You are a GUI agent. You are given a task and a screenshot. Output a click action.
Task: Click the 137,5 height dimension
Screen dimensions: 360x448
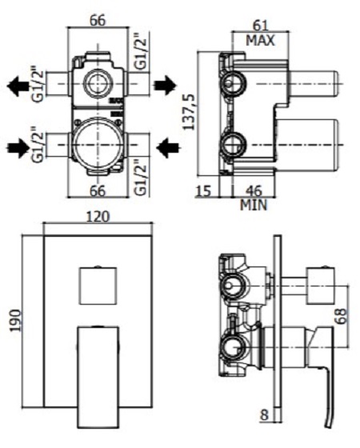[x=189, y=112]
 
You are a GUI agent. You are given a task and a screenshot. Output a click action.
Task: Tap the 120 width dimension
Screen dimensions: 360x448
[x=98, y=217]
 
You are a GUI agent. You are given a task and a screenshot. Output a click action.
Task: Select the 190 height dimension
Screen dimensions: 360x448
[x=16, y=320]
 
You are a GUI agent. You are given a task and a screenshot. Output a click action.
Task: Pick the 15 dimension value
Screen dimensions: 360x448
[x=203, y=191]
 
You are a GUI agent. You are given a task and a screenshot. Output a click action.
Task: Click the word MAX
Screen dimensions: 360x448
[x=261, y=41]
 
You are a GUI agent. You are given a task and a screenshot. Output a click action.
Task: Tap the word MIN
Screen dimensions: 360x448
[x=254, y=205]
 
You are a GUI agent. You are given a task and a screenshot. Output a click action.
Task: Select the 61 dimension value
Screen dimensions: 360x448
[x=261, y=26]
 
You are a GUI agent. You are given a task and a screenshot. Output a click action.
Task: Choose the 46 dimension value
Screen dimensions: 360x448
[x=254, y=191]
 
